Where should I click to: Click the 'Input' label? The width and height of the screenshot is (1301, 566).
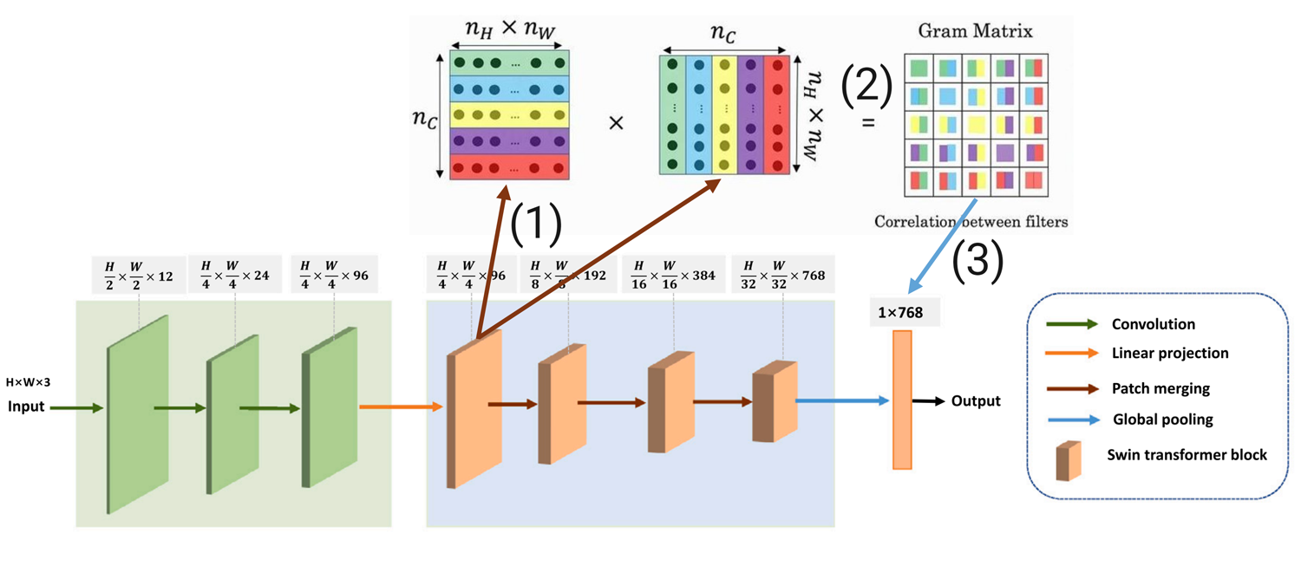(25, 407)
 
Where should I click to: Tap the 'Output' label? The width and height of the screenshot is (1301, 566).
(976, 400)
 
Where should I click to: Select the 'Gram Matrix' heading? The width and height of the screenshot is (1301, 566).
(975, 30)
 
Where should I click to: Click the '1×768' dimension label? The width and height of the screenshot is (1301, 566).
(900, 313)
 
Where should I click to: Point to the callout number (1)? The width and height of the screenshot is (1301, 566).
(535, 224)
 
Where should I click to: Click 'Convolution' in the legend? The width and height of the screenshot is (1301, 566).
(1154, 324)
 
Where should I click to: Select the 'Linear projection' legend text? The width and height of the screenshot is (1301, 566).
(1170, 353)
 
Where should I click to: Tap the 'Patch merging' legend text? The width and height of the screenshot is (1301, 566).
(1161, 388)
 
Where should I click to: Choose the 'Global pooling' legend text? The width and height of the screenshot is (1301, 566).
(1163, 420)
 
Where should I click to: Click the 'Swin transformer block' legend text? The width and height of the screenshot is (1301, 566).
(1187, 454)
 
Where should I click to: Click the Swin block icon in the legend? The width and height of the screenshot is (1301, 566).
(1068, 461)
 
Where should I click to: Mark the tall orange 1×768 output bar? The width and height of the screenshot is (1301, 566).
(902, 400)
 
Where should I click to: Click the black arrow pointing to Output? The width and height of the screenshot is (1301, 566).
(929, 401)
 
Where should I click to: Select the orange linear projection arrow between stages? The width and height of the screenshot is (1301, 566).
(402, 407)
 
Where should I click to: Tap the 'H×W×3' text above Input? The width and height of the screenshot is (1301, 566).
(28, 382)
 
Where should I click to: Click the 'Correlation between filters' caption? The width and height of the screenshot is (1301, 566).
(971, 222)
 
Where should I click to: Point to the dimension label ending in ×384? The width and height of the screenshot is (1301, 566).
(674, 276)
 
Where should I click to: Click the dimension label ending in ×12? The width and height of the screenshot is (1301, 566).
(139, 276)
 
